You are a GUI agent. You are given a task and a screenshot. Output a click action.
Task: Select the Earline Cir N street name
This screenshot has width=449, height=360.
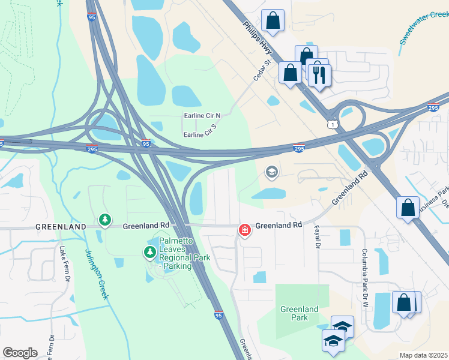(x=202, y=115)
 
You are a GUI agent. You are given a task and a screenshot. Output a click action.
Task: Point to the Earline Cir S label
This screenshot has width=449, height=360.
(x=200, y=136)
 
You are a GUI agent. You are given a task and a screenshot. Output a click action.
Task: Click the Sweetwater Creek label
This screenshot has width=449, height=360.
(x=424, y=27)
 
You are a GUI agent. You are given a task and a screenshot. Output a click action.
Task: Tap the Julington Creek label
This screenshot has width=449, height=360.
(x=96, y=273)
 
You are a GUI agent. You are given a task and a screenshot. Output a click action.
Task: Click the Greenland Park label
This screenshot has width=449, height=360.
(x=299, y=313)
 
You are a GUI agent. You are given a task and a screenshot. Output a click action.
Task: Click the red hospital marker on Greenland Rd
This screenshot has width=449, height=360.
(x=244, y=230)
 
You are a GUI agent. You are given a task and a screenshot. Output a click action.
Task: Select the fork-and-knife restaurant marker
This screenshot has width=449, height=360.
(x=319, y=75)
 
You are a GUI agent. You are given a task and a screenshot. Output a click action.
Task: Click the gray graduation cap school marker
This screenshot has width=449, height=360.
(x=271, y=173)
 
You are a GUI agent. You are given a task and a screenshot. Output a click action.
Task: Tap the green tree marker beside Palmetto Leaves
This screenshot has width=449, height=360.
(x=149, y=253)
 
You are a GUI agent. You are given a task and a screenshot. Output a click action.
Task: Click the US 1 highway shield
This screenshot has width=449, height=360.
(x=331, y=124)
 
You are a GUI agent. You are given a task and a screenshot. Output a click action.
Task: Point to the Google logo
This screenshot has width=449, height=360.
(x=20, y=353)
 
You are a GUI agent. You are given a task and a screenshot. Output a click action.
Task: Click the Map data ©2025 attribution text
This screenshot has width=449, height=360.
(x=423, y=355)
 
